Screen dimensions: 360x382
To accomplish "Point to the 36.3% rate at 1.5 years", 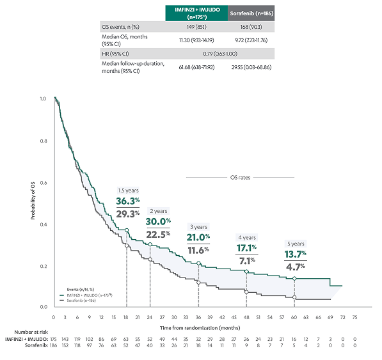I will pyautogui.click(x=127, y=201).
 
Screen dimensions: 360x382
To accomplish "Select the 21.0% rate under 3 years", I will pyautogui.click(x=199, y=238).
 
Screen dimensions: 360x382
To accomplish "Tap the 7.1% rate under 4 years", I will pyautogui.click(x=247, y=259).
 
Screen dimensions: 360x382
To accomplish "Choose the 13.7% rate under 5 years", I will pyautogui.click(x=295, y=254).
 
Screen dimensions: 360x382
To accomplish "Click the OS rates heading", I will pyautogui.click(x=239, y=177).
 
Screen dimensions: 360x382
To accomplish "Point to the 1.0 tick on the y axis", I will pyautogui.click(x=43, y=99).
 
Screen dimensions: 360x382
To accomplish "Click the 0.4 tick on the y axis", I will pyautogui.click(x=43, y=224).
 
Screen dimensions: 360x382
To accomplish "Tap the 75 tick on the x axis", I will pyautogui.click(x=354, y=317).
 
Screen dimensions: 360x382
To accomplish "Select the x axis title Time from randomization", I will pyautogui.click(x=205, y=327).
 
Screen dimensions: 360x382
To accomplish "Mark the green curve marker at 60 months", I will pyautogui.click(x=294, y=279).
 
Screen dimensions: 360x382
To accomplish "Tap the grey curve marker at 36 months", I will pyautogui.click(x=198, y=283).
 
